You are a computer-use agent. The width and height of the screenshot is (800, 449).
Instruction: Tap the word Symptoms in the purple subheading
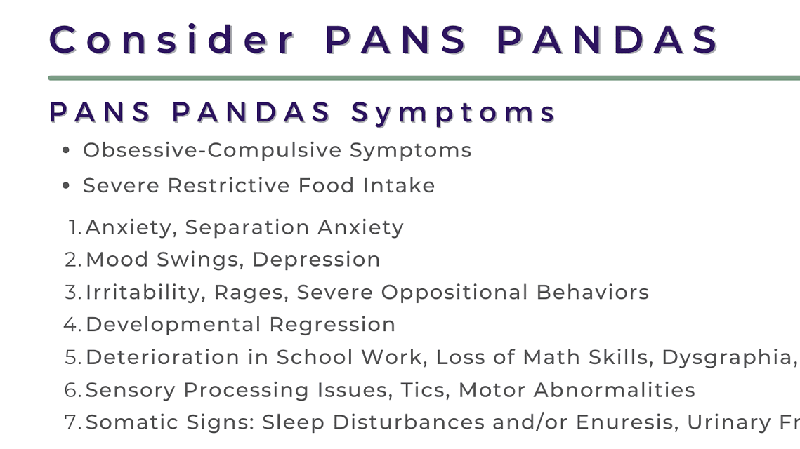pyautogui.click(x=454, y=112)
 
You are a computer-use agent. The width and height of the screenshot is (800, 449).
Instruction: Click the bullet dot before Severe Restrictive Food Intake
pyautogui.click(x=66, y=186)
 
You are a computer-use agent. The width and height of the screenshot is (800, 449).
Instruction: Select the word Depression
pyautogui.click(x=316, y=260)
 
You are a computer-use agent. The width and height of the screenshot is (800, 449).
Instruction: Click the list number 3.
pyautogui.click(x=73, y=292)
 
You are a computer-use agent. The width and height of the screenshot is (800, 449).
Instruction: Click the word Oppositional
pyautogui.click(x=454, y=292)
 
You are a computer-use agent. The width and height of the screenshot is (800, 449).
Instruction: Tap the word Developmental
pyautogui.click(x=173, y=325)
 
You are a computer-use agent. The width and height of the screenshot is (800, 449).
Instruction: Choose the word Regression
pyautogui.click(x=332, y=325)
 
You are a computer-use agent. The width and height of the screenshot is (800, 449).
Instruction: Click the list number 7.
pyautogui.click(x=73, y=422)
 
